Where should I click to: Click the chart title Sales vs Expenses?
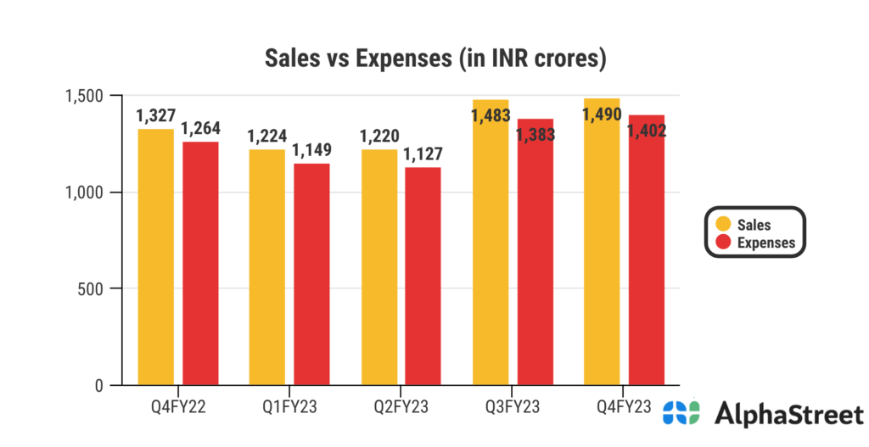point(434,59)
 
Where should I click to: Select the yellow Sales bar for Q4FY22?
point(155,259)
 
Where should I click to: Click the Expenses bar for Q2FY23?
point(423,277)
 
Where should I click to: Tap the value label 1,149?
point(311,150)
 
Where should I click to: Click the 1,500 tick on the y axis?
point(81,96)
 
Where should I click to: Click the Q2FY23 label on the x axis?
point(401,406)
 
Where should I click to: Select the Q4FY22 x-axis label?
point(177,406)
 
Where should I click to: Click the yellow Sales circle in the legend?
point(724,225)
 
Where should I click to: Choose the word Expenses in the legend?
point(766,243)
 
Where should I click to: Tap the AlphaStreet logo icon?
point(681,413)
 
